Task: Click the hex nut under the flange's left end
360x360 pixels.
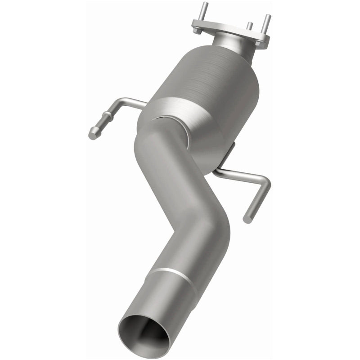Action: coord(197,31)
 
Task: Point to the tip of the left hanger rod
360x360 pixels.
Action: coord(92,134)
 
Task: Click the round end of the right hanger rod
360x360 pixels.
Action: coord(247,220)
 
